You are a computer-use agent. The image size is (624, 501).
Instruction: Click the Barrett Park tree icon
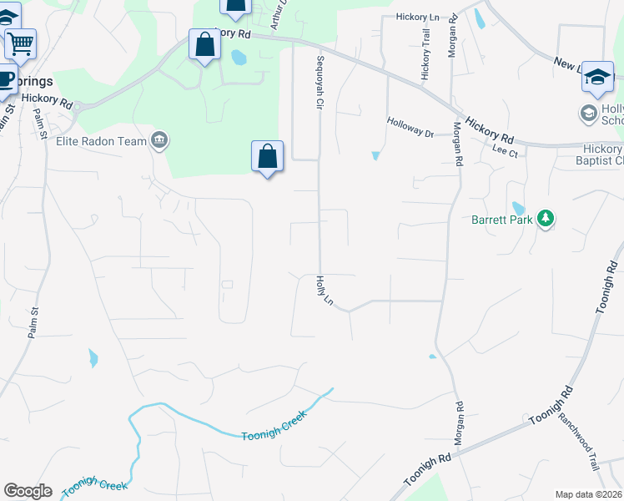(x=546, y=219)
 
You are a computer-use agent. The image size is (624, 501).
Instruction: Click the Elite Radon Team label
(x=101, y=141)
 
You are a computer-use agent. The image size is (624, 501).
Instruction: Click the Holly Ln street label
(x=325, y=291)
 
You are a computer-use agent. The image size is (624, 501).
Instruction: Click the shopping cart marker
(x=20, y=42)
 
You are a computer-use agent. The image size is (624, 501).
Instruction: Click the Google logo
(x=28, y=491)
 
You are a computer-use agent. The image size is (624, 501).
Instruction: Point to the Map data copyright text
(x=589, y=494)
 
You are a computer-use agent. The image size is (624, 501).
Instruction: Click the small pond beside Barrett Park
(x=518, y=209)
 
